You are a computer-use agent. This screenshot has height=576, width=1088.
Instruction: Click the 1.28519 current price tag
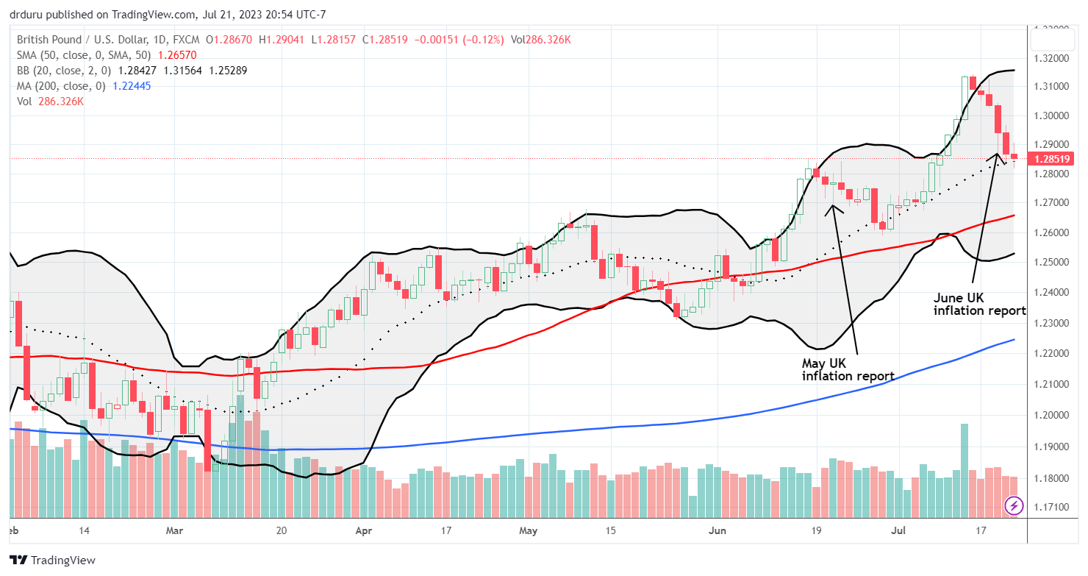(1053, 158)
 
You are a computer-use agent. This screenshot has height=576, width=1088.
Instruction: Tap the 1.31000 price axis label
(1053, 86)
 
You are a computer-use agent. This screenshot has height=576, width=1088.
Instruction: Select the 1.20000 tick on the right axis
(1053, 415)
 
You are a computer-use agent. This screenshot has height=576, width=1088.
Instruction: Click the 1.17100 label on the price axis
(1053, 507)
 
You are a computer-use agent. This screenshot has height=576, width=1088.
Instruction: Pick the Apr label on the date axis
(362, 530)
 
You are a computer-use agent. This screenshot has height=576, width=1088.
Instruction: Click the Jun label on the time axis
(716, 530)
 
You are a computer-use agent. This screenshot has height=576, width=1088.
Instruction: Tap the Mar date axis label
(174, 530)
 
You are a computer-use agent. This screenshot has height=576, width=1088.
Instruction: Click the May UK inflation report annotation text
(848, 369)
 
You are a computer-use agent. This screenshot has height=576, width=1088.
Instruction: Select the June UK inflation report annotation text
(979, 305)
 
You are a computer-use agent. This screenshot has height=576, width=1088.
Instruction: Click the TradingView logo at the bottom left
(53, 560)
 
